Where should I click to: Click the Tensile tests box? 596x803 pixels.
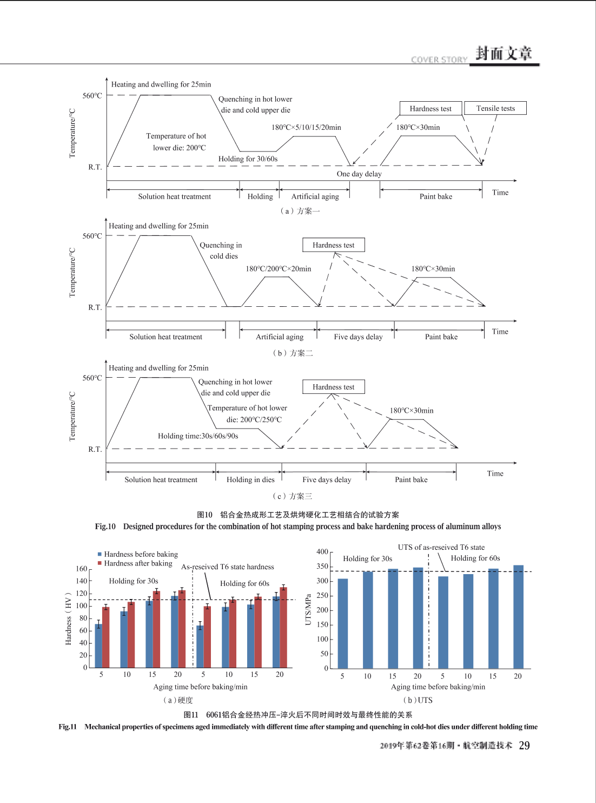point(495,108)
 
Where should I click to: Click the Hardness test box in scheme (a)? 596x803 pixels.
point(431,108)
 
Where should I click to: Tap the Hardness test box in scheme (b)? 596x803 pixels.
point(334,245)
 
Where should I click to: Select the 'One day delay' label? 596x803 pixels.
point(359,174)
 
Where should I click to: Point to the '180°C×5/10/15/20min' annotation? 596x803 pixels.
point(306,127)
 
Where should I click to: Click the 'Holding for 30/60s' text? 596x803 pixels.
point(248,159)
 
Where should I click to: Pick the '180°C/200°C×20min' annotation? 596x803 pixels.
point(279,268)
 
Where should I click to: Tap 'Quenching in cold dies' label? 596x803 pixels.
point(221,250)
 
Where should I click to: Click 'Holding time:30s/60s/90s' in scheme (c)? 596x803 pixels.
point(198,436)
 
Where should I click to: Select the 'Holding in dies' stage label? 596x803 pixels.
point(250,479)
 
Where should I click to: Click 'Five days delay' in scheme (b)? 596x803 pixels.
point(358,337)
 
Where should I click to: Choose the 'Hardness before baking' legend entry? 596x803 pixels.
point(138,554)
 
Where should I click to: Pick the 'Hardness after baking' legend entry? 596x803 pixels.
point(135,563)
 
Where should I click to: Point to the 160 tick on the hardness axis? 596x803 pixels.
point(82,568)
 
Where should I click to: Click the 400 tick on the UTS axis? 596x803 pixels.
point(322,551)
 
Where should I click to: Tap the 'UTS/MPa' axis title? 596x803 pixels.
point(308,610)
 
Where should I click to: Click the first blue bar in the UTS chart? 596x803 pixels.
point(343,623)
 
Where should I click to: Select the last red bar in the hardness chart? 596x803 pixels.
point(283,628)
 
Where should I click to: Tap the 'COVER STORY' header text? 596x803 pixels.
point(439,60)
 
